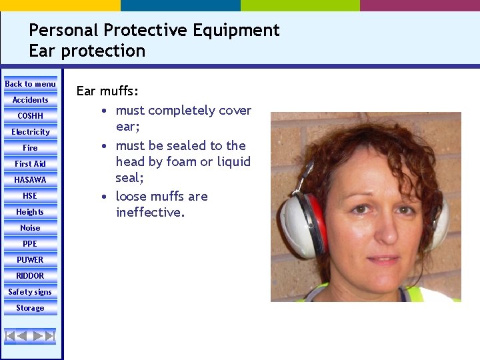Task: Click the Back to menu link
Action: [30, 84]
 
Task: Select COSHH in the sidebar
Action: [30, 116]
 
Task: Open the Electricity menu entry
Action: [30, 132]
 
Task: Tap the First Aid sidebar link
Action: [30, 164]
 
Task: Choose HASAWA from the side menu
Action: [30, 180]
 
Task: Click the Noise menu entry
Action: [30, 228]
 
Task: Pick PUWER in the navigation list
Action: [30, 260]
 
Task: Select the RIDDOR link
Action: [30, 276]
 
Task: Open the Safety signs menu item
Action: [30, 292]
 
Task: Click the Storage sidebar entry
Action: [30, 308]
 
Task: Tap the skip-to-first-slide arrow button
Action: [10, 336]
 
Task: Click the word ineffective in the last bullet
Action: [149, 213]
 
